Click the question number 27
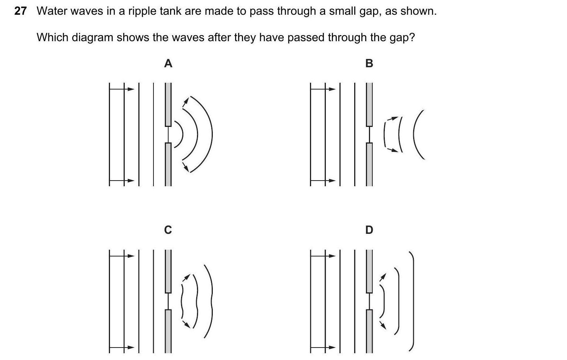click(x=20, y=11)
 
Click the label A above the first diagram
click(x=168, y=63)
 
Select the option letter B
click(x=369, y=63)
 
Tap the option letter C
click(x=168, y=230)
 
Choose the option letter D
click(x=369, y=230)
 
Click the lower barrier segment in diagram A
click(x=168, y=164)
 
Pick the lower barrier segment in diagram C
click(x=168, y=331)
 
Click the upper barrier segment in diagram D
click(x=369, y=271)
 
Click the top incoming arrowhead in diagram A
click(x=131, y=89)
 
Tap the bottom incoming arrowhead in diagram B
click(x=332, y=181)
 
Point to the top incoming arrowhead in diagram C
click(x=131, y=256)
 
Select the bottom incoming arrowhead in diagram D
click(x=332, y=348)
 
